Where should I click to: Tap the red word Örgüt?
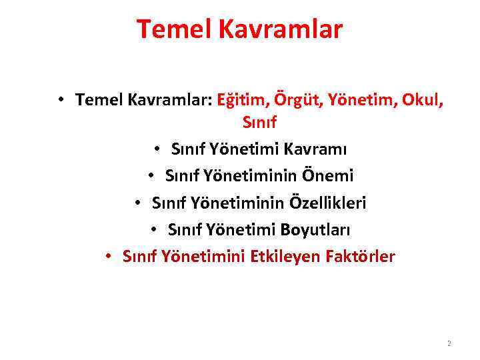pyautogui.click(x=294, y=100)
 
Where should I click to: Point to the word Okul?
pyautogui.click(x=419, y=100)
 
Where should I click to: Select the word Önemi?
pyautogui.click(x=329, y=175)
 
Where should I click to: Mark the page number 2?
pyautogui.click(x=449, y=344)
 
